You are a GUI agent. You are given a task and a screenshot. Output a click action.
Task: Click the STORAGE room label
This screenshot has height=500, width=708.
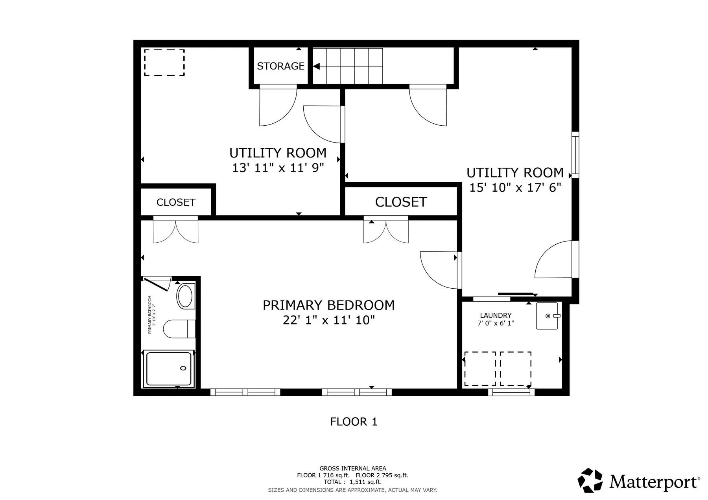[x=280, y=66]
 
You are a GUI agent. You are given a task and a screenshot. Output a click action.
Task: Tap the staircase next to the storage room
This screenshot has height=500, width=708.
[x=348, y=66]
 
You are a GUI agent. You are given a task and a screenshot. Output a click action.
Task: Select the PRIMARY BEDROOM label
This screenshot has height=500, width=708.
[x=328, y=305]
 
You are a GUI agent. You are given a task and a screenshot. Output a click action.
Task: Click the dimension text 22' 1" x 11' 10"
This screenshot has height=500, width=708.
[x=328, y=321]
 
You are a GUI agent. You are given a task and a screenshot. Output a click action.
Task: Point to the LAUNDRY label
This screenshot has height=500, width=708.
[x=496, y=315]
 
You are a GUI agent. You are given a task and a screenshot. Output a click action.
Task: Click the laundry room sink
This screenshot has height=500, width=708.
[x=547, y=316]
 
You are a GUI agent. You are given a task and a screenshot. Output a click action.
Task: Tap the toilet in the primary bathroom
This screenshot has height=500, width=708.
[x=179, y=329]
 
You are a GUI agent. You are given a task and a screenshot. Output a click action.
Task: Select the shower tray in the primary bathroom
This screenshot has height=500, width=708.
[x=169, y=369]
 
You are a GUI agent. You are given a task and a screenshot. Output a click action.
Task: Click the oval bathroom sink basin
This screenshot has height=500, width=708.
[x=185, y=296]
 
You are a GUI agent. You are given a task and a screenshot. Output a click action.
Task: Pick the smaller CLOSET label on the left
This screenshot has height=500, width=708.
[x=176, y=202]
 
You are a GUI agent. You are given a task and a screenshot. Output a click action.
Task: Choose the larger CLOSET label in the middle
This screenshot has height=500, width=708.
[x=401, y=202]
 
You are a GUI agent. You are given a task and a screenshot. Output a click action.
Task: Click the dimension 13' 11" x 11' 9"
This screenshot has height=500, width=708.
[x=278, y=168]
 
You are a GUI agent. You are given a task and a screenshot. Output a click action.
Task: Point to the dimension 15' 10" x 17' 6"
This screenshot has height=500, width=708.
[x=515, y=188]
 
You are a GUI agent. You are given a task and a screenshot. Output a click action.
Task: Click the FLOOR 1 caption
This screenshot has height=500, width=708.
[x=354, y=422]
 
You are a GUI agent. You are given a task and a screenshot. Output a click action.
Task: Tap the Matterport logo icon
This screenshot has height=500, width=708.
[x=590, y=480]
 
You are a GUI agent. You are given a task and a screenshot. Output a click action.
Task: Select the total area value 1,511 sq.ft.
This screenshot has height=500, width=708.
[x=365, y=482]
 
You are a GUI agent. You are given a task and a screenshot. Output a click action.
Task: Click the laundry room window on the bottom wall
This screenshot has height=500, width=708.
[x=511, y=392]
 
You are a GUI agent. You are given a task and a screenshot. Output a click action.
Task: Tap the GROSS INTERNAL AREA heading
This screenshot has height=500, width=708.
[x=353, y=468]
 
